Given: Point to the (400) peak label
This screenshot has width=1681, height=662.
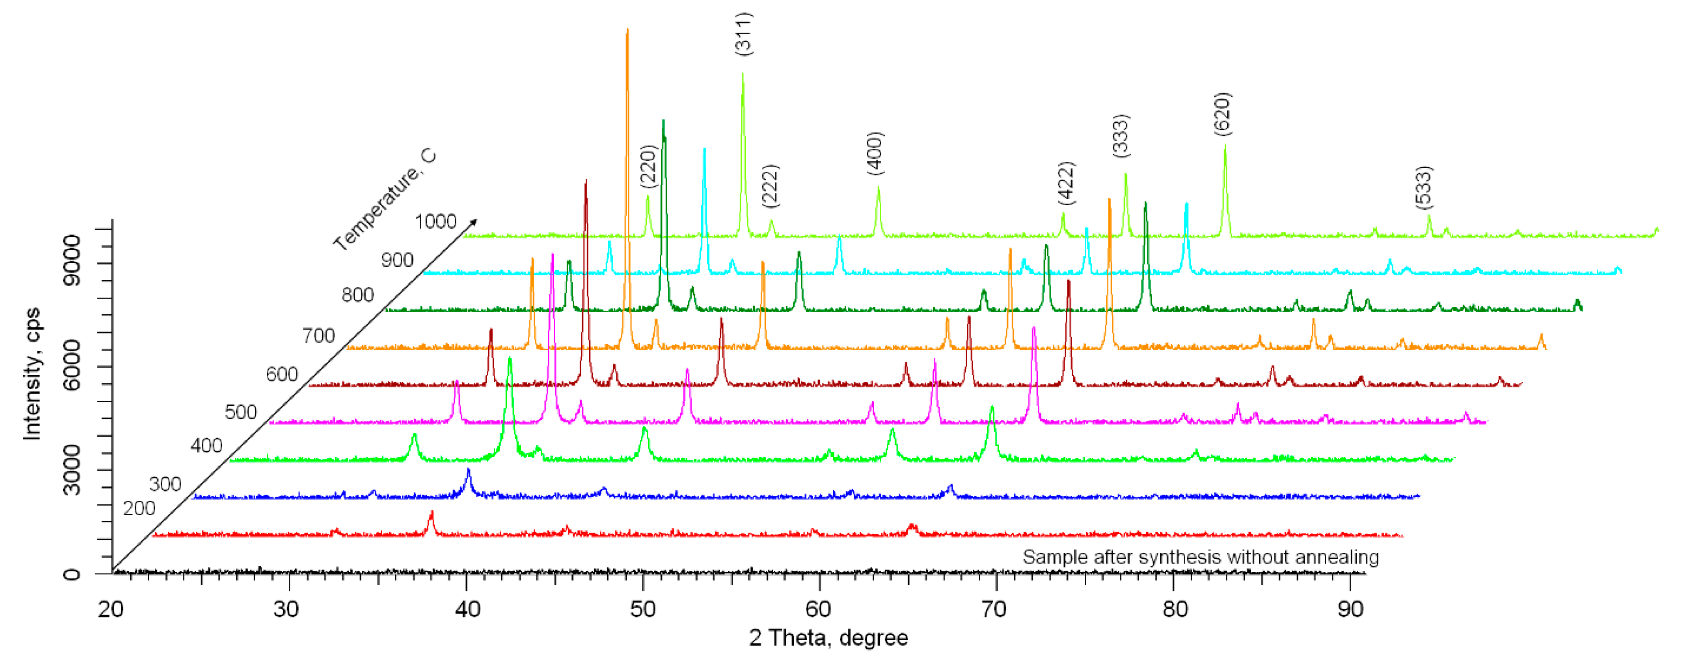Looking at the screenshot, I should click(875, 153).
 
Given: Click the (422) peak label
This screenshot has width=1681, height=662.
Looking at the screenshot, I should click(1065, 183).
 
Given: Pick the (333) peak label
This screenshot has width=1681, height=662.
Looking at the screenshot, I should click(1121, 136).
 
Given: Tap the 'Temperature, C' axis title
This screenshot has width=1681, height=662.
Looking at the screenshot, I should click(384, 200).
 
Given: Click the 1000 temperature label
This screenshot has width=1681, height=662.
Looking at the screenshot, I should click(435, 222).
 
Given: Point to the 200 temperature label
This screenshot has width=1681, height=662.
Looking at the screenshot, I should click(139, 508).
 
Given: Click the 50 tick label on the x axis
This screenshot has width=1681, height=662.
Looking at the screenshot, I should click(643, 609).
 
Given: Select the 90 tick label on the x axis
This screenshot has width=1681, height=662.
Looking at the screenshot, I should click(1350, 609).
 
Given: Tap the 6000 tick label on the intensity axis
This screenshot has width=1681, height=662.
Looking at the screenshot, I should click(71, 365).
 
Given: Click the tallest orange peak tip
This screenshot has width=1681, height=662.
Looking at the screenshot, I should click(627, 30).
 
